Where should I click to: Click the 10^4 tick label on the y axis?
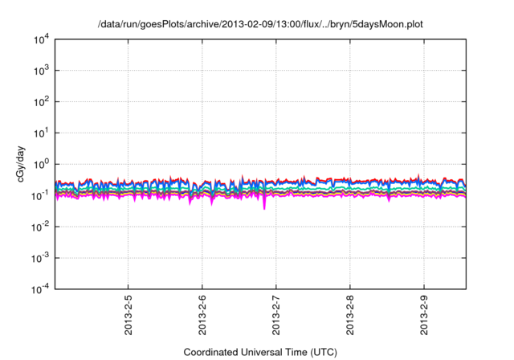coord(41,39)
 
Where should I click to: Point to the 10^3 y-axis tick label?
coord(41,71)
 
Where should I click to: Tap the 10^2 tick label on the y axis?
coord(41,102)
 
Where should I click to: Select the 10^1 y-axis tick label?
coord(41,133)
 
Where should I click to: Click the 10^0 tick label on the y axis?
coord(41,165)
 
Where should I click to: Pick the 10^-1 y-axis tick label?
coord(41,195)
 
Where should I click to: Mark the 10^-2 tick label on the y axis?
coord(41,227)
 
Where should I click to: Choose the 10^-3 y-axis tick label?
coord(41,258)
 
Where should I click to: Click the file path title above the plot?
coord(260,25)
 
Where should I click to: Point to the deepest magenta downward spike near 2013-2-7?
coord(265,207)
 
